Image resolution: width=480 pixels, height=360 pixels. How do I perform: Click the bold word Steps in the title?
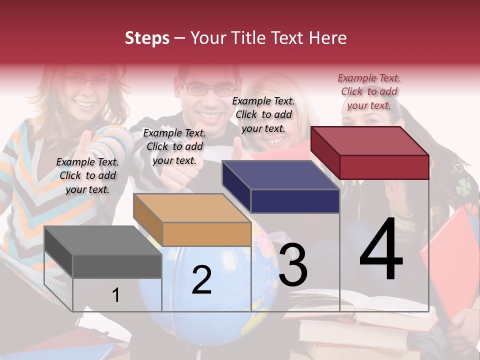(x=147, y=38)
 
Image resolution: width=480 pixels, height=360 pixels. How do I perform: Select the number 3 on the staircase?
(x=293, y=264)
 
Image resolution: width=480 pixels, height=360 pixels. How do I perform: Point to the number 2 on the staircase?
(x=201, y=279)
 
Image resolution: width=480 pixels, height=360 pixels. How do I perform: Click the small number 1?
(x=115, y=295)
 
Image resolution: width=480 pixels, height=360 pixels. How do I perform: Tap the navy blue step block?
(x=280, y=187)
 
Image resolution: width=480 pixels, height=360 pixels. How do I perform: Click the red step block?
(x=369, y=153)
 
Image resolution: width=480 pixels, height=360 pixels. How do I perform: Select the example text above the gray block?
(x=87, y=175)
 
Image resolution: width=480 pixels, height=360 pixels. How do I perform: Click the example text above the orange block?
(x=174, y=146)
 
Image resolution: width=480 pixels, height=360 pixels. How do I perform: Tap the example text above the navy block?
(x=263, y=114)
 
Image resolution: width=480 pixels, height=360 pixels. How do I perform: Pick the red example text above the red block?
(x=369, y=91)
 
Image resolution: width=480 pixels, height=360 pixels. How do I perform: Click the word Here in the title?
(x=328, y=38)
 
